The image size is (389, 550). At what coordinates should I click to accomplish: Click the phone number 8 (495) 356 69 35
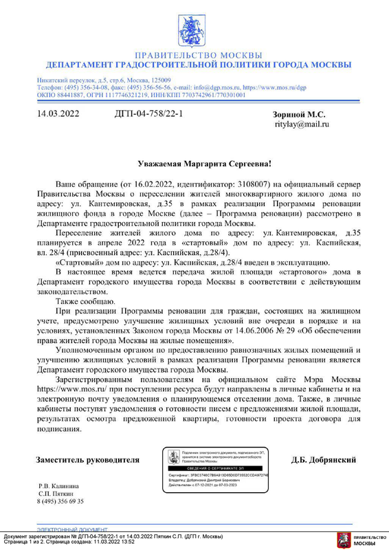pos(60,502)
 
